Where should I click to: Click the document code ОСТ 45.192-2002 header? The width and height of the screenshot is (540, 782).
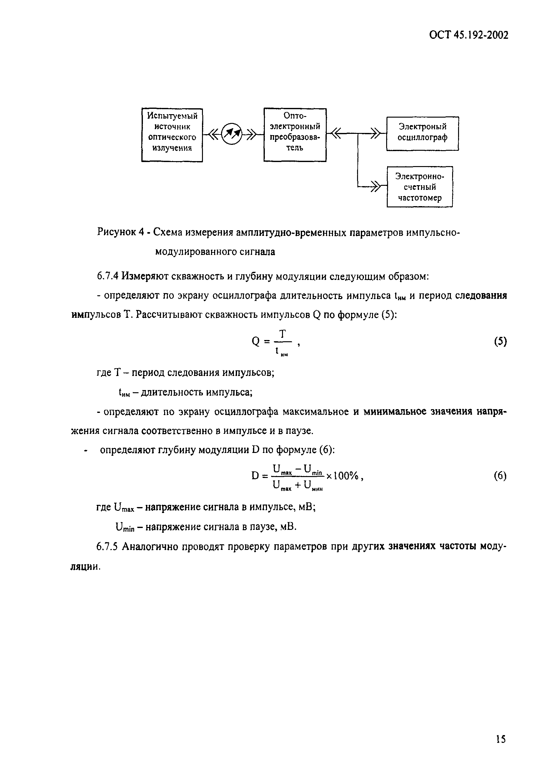[469, 36]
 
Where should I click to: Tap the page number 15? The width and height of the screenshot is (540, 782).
[500, 739]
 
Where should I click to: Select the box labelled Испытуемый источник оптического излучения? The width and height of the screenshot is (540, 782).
[172, 135]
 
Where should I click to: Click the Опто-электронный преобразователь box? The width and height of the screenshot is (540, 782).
[295, 135]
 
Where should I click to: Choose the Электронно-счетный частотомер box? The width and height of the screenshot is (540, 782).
[420, 187]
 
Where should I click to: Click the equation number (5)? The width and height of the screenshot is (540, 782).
[500, 342]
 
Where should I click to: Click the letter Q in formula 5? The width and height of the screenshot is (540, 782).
[256, 342]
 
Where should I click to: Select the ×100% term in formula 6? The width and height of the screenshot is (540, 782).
[343, 476]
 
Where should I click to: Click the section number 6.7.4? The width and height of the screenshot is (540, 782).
[107, 276]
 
